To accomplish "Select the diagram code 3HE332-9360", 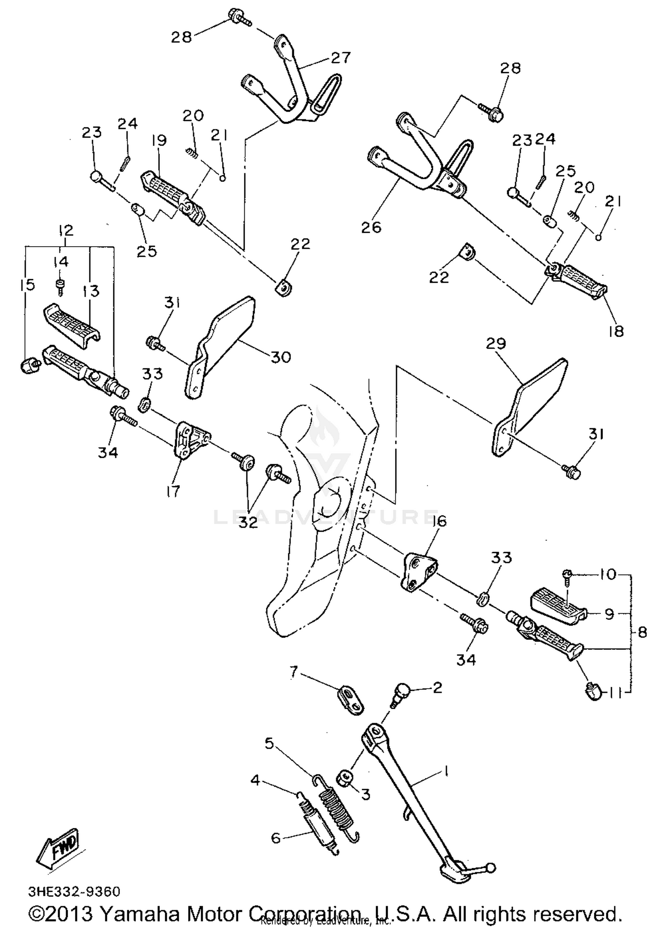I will click(x=74, y=892).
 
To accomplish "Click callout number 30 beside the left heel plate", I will click(x=281, y=357).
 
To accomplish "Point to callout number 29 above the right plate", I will click(x=496, y=344).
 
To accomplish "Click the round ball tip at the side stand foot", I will click(x=491, y=868).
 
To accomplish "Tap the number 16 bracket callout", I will click(x=439, y=521).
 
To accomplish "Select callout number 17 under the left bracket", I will click(x=173, y=492).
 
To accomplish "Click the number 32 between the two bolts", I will click(x=248, y=522).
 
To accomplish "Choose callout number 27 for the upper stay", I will click(x=340, y=58).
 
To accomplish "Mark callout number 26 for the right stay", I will click(x=371, y=227).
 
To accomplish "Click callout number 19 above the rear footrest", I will click(x=159, y=140).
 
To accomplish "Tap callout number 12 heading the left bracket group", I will click(x=66, y=230).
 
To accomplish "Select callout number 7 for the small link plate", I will click(x=294, y=673).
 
